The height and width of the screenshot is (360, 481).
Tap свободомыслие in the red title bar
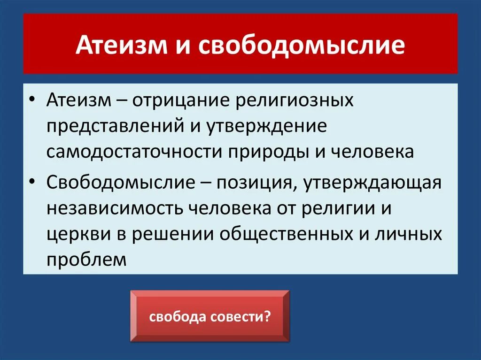tap(302, 45)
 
